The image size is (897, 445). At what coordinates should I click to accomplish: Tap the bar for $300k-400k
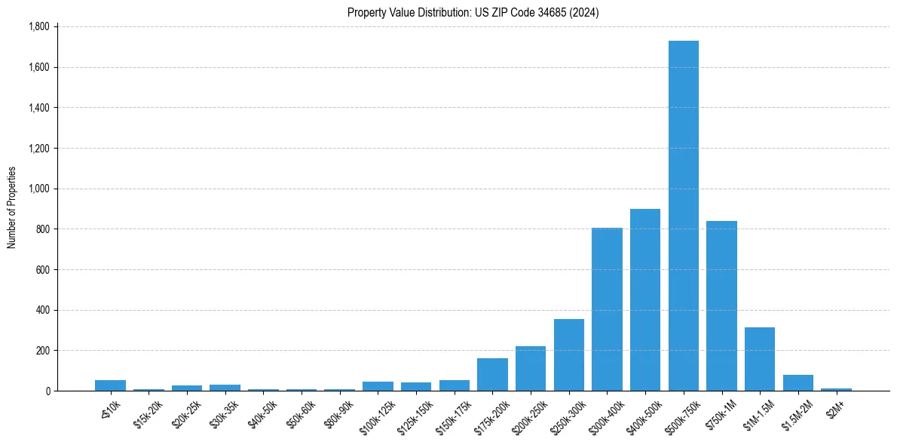tap(607, 309)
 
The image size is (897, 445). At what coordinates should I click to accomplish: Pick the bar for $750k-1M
tap(721, 306)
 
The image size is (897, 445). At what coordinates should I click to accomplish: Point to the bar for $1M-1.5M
tap(760, 359)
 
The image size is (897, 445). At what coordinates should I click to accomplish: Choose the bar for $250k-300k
tap(569, 355)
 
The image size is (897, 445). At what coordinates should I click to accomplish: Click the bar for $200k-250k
tap(531, 369)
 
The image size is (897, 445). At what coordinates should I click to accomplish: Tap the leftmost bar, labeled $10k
tap(110, 385)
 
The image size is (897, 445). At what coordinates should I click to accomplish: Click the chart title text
tap(473, 12)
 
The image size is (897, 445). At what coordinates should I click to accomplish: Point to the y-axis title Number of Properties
tap(12, 208)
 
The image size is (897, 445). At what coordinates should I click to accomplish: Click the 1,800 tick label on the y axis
tap(38, 26)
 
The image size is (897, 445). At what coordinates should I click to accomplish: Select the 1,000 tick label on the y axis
tap(38, 189)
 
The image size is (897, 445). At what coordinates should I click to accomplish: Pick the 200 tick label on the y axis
tap(42, 351)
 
